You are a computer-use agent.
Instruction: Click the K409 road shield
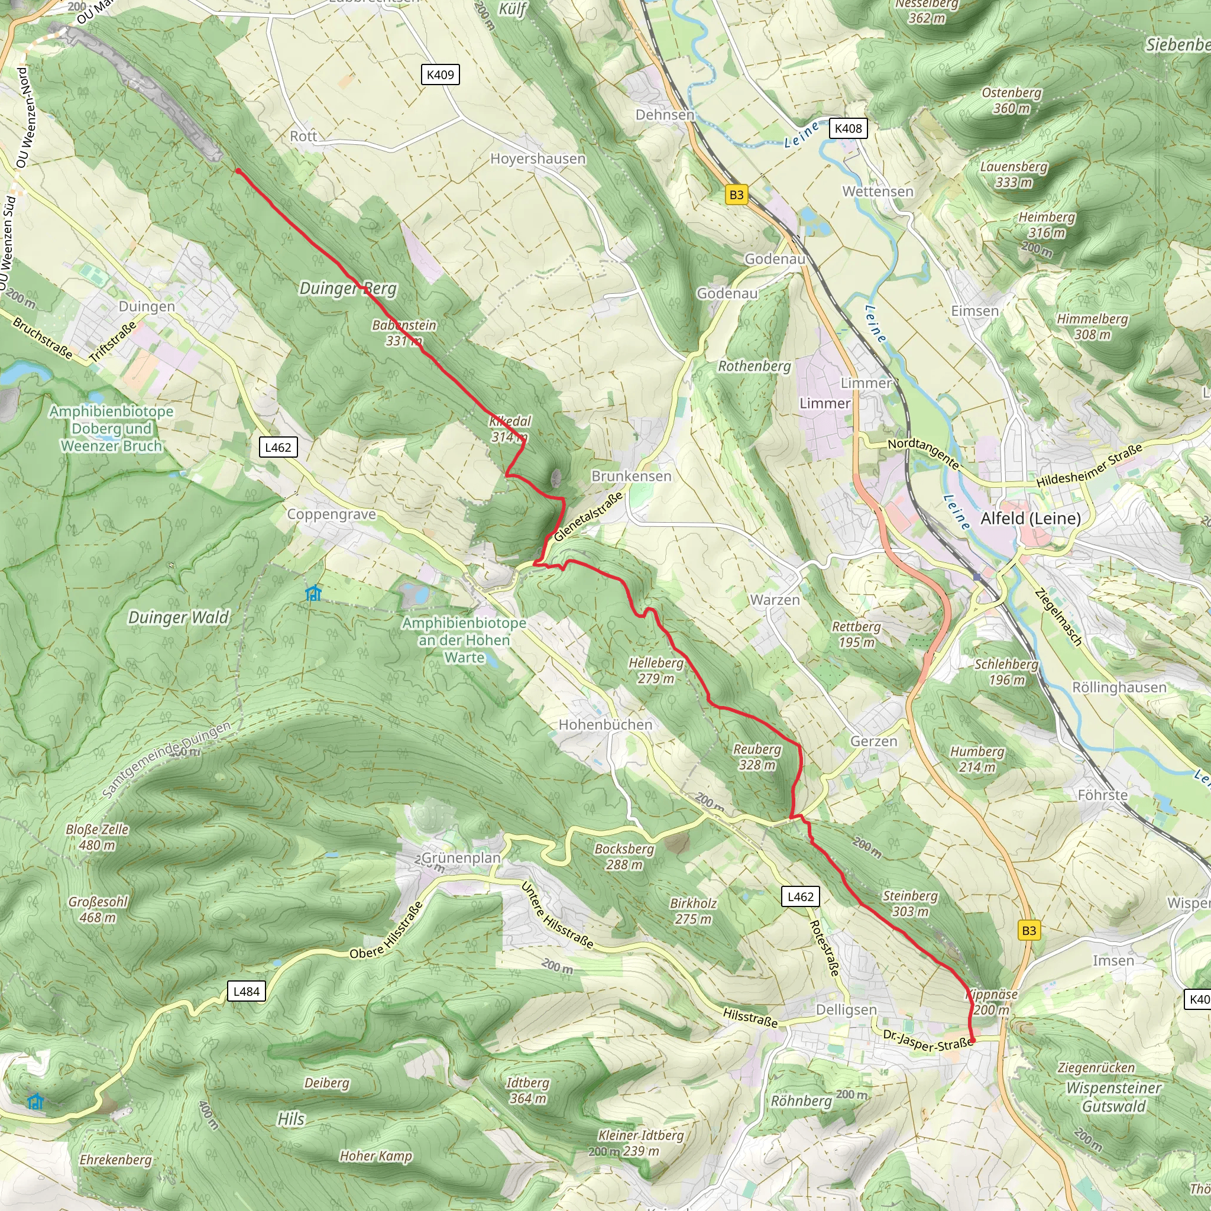(440, 75)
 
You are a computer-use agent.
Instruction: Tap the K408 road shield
(848, 128)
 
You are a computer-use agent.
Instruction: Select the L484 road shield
(246, 991)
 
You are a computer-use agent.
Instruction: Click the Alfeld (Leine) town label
(1031, 519)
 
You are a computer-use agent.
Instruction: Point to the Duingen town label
(147, 306)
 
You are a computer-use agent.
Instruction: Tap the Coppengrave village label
(331, 514)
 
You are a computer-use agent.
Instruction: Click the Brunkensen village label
(631, 476)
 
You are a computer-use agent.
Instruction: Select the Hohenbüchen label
(605, 724)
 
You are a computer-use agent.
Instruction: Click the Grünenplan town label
(461, 857)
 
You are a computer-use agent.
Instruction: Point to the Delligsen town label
(846, 1009)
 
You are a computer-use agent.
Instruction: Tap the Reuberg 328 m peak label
(757, 756)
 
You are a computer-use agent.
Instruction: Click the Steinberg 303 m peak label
(910, 904)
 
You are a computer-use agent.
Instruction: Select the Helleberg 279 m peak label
(656, 670)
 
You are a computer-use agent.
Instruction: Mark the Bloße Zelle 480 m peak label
(97, 837)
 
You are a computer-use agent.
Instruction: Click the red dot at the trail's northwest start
(238, 170)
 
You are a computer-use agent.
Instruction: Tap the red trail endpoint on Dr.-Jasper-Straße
(972, 1041)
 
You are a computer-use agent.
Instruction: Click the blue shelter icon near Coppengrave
(313, 593)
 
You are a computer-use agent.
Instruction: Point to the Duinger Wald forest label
(179, 617)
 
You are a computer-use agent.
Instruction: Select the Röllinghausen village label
(1119, 687)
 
